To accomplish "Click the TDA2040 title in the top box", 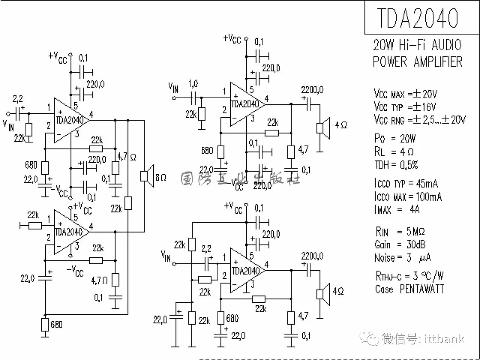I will [417, 18].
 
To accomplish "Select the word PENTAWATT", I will [422, 289].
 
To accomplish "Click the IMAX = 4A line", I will [397, 209].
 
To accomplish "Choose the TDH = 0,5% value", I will [396, 165].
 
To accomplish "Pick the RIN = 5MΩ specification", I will [400, 232].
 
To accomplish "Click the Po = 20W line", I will [395, 139].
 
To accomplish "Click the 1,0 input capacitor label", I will [193, 84].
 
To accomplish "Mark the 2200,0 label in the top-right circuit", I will [312, 90].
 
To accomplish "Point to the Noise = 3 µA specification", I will [403, 258].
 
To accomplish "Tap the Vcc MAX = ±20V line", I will [406, 94].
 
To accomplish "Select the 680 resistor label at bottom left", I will [56, 324].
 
